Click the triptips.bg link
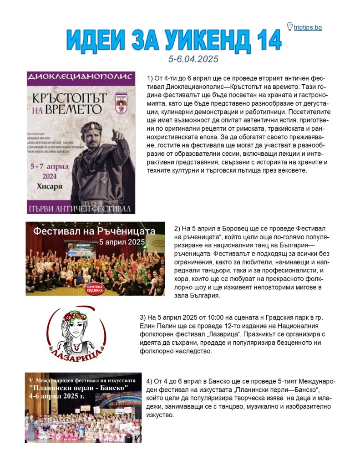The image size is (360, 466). (308, 28)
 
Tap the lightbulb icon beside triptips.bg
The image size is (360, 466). (289, 26)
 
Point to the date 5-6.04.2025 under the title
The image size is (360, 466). (193, 59)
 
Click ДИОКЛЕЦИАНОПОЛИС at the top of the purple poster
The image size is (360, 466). (81, 77)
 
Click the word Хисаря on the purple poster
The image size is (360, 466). (49, 186)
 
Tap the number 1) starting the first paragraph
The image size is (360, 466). (151, 78)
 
